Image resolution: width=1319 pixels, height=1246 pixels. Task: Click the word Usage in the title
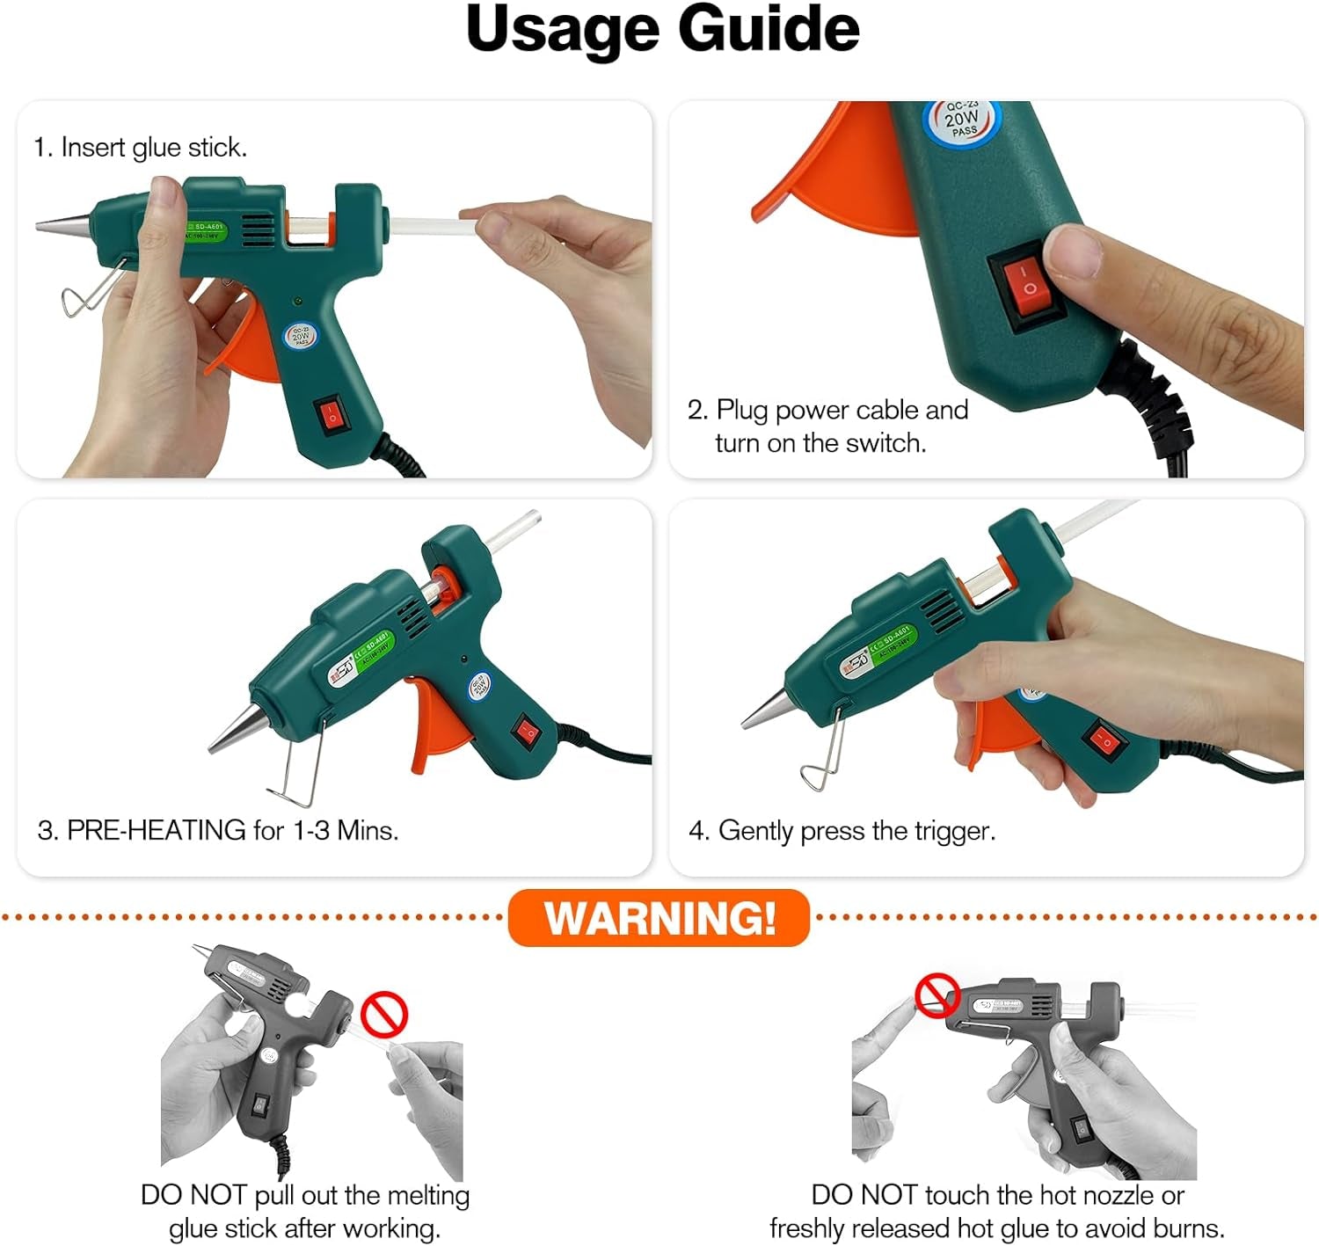coord(562,29)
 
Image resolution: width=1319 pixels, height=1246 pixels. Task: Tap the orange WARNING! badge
coord(659,918)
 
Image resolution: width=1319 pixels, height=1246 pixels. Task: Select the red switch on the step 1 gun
coord(332,414)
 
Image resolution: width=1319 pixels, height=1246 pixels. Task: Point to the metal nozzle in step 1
coord(64,223)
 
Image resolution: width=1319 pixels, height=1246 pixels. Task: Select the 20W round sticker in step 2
coord(961,120)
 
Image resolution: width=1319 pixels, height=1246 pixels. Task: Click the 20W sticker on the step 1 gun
coord(301,336)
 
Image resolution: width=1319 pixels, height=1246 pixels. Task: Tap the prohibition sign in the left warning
coord(384,1015)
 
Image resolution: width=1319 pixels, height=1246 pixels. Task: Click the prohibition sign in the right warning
coord(937,995)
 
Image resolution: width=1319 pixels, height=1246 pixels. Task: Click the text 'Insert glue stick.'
coord(153,148)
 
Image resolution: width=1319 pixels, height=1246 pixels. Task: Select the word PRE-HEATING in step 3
coord(157,830)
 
